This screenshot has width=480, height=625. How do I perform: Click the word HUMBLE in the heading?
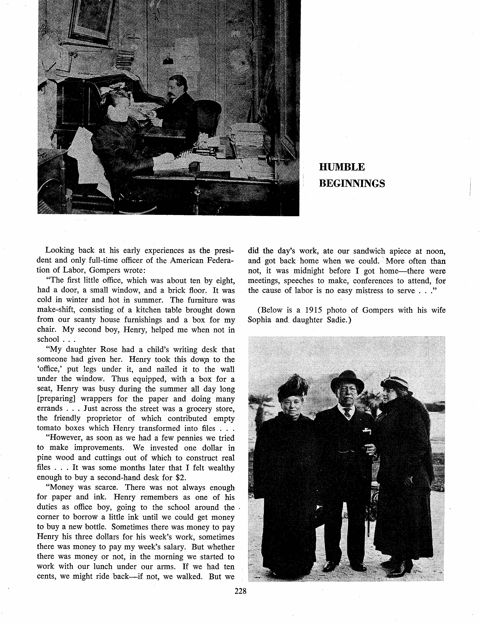pyautogui.click(x=342, y=167)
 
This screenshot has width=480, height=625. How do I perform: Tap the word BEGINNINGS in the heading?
pyautogui.click(x=352, y=183)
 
